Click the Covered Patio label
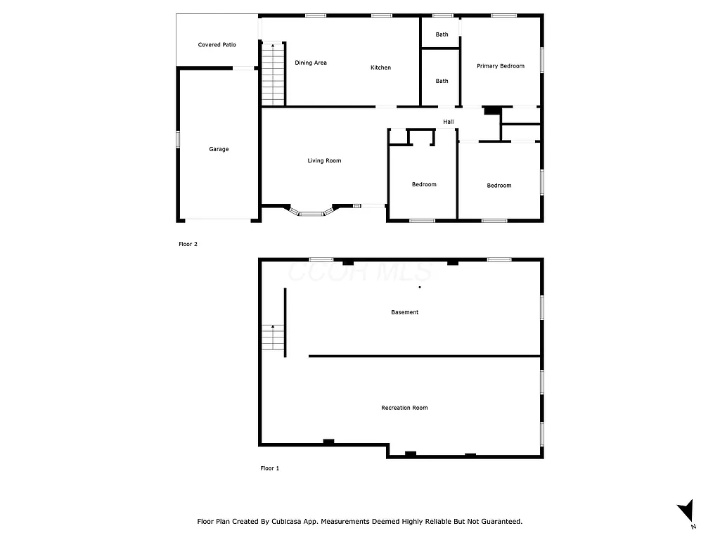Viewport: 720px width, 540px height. tap(217, 45)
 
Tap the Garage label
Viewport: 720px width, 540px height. tap(219, 149)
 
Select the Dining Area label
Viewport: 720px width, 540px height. tap(310, 63)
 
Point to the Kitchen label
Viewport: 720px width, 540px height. tap(380, 67)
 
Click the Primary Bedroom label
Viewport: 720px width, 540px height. tap(501, 66)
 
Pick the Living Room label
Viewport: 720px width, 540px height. tap(324, 161)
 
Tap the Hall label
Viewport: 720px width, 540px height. tap(448, 122)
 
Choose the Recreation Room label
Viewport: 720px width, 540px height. tap(404, 408)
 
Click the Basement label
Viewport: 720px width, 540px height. tap(404, 312)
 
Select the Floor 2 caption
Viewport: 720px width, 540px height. tap(188, 245)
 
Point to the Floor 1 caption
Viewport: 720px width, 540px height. tap(269, 468)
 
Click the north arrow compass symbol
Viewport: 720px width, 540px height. tap(686, 512)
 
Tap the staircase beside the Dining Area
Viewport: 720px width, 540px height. tap(273, 74)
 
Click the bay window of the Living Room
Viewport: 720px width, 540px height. tap(311, 212)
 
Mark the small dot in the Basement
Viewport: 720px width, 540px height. tap(420, 287)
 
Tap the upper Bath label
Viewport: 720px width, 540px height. tap(442, 34)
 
